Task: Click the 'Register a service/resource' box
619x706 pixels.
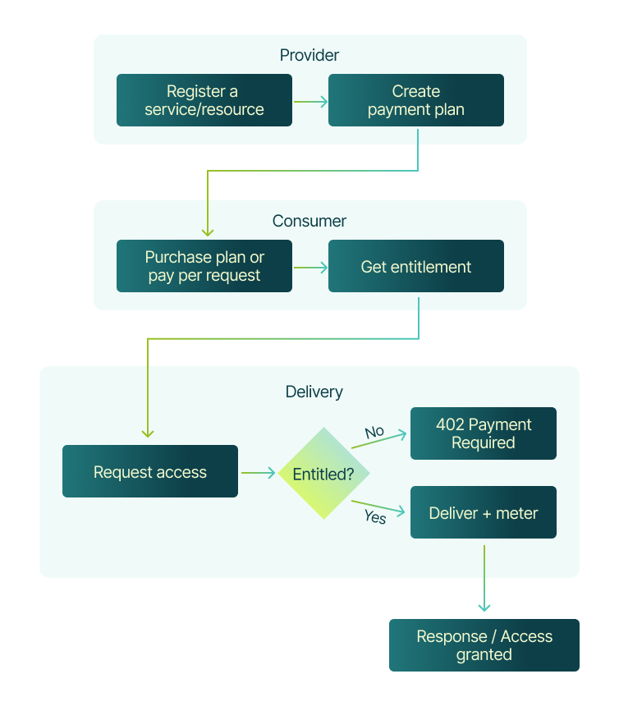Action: [x=204, y=100]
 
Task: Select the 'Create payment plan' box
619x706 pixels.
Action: [x=415, y=100]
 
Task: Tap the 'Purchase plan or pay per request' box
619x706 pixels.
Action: [x=204, y=266]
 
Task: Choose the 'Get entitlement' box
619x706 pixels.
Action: [x=415, y=266]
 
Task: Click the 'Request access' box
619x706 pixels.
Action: [x=149, y=471]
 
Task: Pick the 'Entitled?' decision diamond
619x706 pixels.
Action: [x=323, y=474]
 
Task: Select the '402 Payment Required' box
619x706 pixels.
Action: [x=483, y=433]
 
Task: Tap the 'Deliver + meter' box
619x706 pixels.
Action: [x=483, y=513]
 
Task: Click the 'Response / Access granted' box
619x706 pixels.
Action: [x=484, y=645]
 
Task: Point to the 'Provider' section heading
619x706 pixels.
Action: [x=309, y=55]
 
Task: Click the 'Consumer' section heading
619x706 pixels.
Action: [x=309, y=221]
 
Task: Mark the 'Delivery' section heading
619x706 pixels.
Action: [x=314, y=392]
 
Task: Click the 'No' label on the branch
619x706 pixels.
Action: [x=374, y=431]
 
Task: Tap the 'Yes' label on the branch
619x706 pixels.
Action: [x=374, y=517]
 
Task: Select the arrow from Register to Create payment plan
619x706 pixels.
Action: [x=310, y=102]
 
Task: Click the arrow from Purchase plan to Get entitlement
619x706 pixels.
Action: [x=310, y=268]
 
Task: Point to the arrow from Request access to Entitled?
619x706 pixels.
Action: [x=258, y=473]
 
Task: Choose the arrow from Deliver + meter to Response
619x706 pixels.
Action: [x=484, y=578]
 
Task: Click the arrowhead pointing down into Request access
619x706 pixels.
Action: [x=148, y=433]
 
